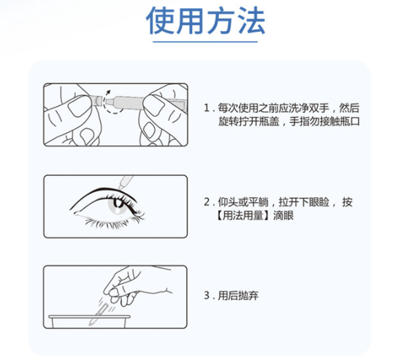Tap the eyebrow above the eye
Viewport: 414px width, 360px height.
point(103,188)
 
